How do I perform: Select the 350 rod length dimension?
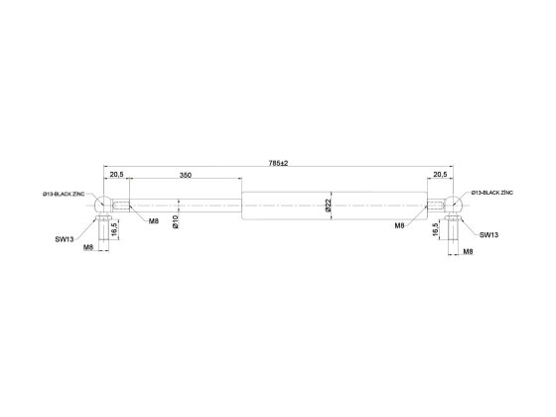coord(185,175)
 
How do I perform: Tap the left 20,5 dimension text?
coord(116,175)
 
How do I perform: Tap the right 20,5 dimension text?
coord(441,175)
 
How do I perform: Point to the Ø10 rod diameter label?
coord(175,220)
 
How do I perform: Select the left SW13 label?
coord(65,239)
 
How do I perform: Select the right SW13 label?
coord(488,235)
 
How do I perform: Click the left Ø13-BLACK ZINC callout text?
coord(69,195)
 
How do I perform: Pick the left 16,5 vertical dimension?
coord(115,228)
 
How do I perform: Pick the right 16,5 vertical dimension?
coord(436,228)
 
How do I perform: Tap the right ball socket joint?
coord(453,206)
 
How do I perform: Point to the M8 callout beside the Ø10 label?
coord(154,220)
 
